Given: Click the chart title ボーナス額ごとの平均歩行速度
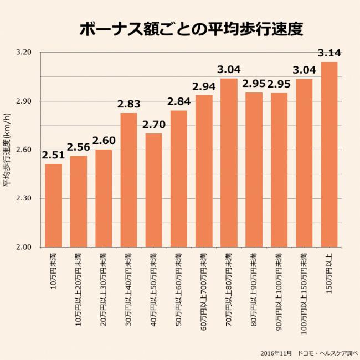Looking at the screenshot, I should pyautogui.click(x=191, y=29).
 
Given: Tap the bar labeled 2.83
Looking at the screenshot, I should pyautogui.click(x=128, y=180).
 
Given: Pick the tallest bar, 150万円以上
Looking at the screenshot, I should pyautogui.click(x=329, y=155).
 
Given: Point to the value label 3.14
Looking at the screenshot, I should pyautogui.click(x=329, y=54).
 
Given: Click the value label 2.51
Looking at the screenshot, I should pyautogui.click(x=53, y=156).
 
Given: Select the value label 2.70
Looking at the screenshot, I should pyautogui.click(x=153, y=125).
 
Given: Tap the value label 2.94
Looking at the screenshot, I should pyautogui.click(x=204, y=86).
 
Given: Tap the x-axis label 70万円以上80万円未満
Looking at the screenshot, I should pyautogui.click(x=229, y=281).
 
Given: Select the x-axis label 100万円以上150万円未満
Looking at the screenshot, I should pyautogui.click(x=304, y=285).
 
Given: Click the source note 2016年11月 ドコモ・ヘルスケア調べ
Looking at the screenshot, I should pyautogui.click(x=308, y=353).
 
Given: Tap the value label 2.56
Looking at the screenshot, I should pyautogui.click(x=78, y=147).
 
